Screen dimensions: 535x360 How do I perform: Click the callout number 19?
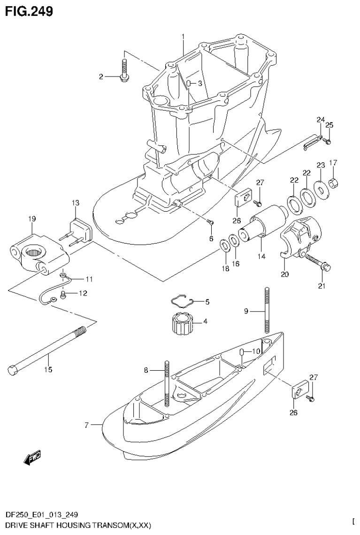[31, 219]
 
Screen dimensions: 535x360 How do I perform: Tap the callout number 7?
[87, 426]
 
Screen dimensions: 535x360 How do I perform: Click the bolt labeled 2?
[124, 71]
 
